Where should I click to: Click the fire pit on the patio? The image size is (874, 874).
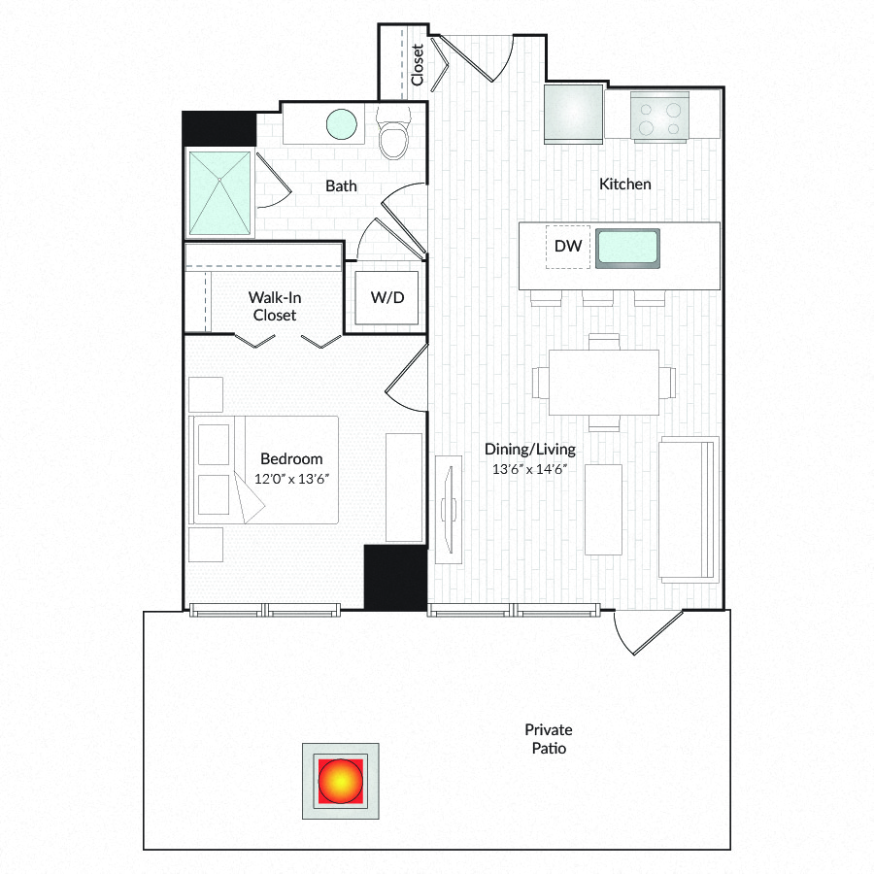[x=341, y=781]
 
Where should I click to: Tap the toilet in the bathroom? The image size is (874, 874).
[x=393, y=133]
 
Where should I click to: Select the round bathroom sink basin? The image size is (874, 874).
[x=341, y=123]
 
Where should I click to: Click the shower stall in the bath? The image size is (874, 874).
[x=219, y=193]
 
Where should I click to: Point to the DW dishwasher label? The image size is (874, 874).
[x=568, y=246]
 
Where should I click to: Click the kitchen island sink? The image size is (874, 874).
[x=627, y=248]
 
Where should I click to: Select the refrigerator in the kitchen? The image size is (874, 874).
[x=574, y=114]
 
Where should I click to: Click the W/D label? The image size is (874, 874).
[x=387, y=297]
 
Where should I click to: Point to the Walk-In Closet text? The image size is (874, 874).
[x=275, y=306]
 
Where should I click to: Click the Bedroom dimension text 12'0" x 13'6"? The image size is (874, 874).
[x=291, y=479]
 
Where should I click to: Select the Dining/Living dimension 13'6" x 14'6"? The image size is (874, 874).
[x=529, y=469]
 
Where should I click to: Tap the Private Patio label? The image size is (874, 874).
[x=549, y=739]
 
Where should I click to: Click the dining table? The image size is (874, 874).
[x=604, y=383]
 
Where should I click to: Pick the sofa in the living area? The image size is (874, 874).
[x=689, y=510]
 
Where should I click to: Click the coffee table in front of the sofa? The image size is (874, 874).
[x=603, y=510]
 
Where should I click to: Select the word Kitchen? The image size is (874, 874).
[x=624, y=184]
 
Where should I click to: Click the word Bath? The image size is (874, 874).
[x=341, y=185]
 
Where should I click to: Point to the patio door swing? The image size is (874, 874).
[x=648, y=632]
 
